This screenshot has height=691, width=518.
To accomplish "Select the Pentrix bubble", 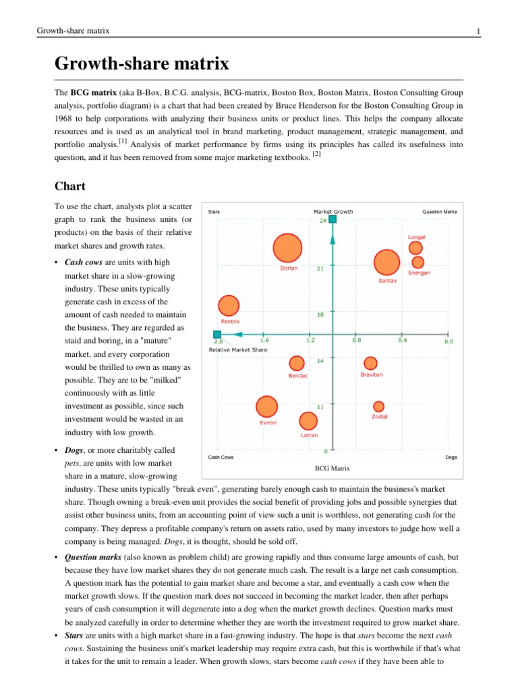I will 229,307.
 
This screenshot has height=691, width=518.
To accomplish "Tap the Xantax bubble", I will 386,263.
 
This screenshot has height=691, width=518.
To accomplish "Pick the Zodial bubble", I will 379,406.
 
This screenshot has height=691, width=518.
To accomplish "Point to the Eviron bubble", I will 267,407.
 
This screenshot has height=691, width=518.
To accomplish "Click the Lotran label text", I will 309,435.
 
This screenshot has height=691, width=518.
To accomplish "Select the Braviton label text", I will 372,375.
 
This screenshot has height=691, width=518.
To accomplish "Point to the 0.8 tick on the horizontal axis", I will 356,341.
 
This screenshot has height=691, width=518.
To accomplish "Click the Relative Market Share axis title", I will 237,350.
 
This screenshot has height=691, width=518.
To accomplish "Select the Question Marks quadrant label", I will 439,211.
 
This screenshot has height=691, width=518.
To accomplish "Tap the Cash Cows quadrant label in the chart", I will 221,457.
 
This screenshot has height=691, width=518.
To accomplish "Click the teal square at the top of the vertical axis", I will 333,219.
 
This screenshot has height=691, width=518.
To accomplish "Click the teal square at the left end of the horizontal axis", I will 217,334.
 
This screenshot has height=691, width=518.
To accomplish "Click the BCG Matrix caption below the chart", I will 332,468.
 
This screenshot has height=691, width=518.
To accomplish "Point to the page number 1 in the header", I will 478,31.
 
